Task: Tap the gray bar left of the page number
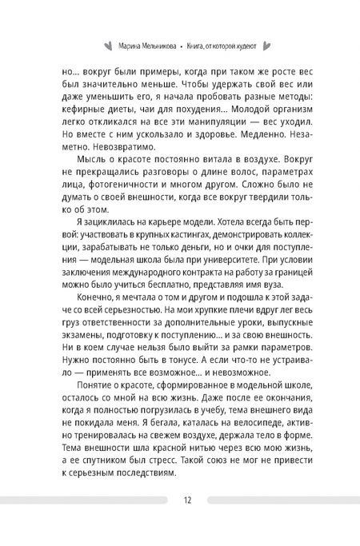(x=80, y=501)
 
